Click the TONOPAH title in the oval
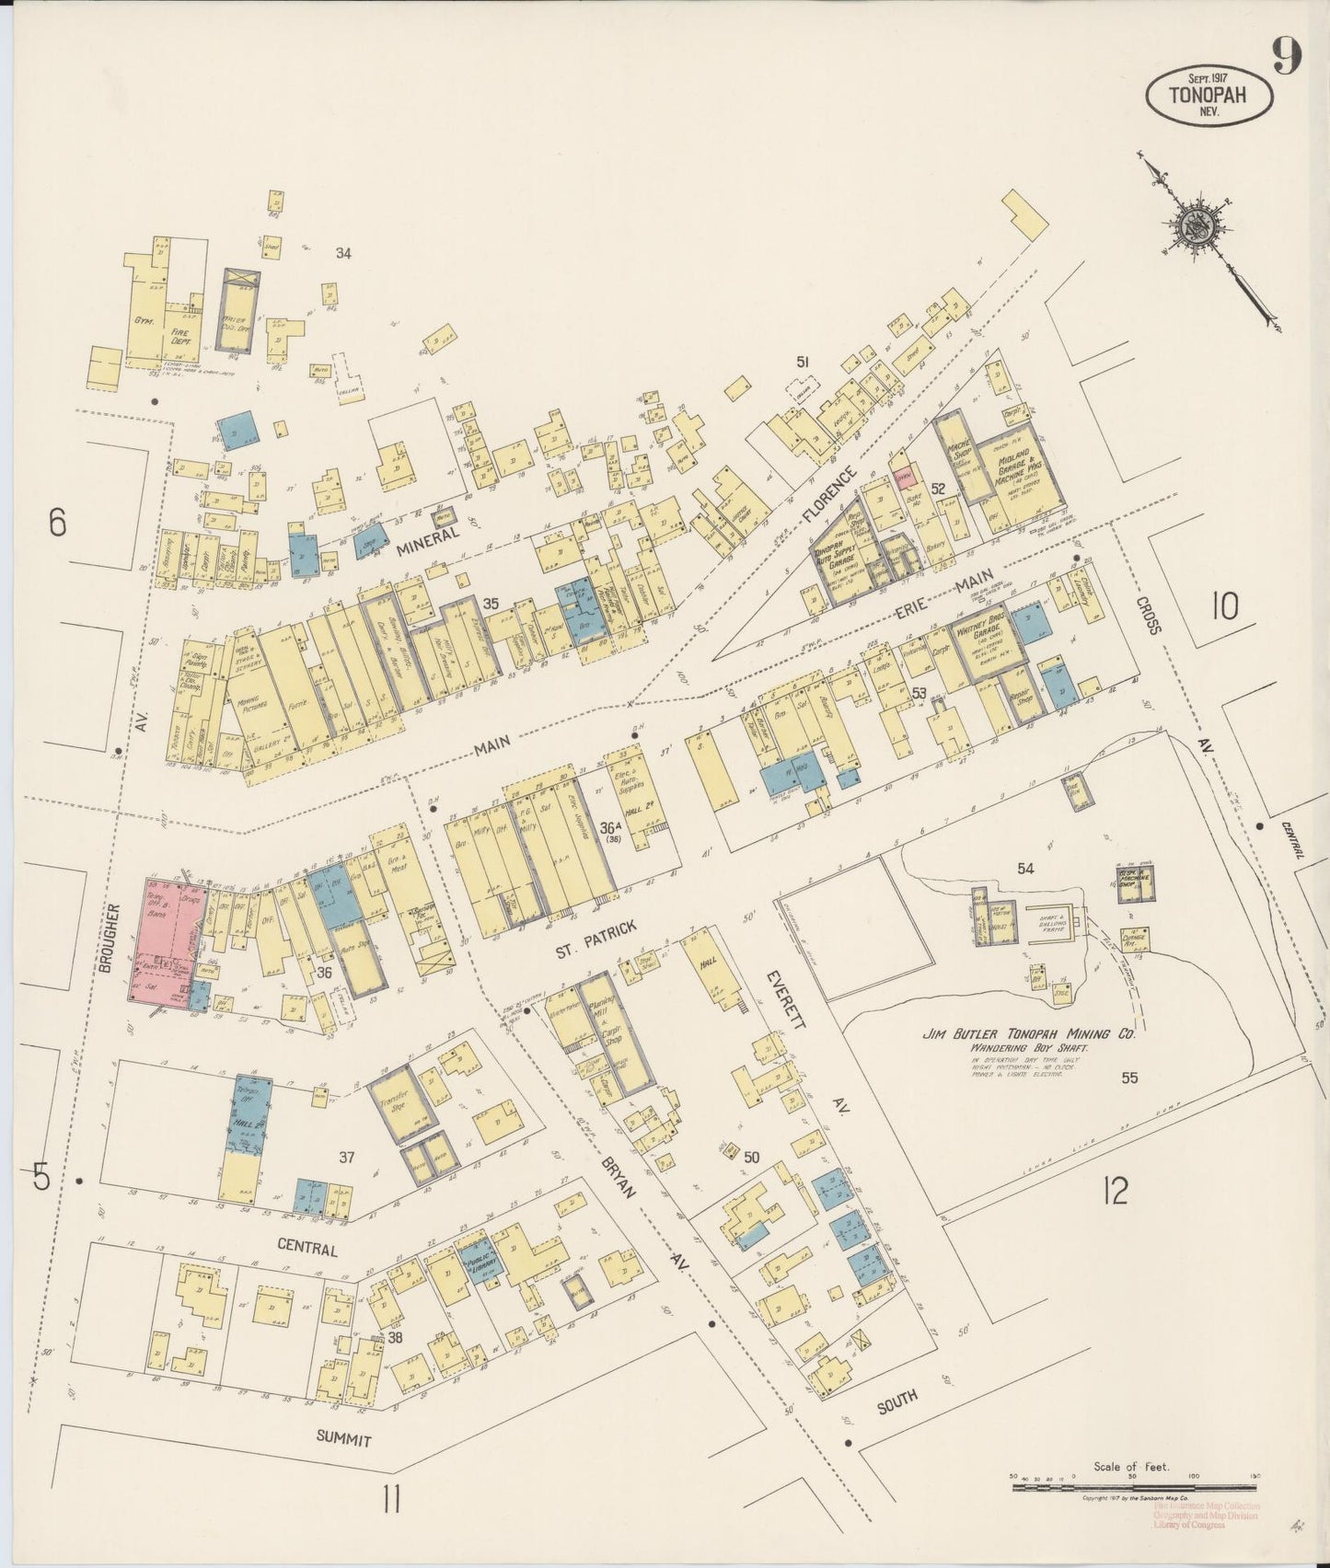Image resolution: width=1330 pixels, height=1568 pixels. click(x=1208, y=94)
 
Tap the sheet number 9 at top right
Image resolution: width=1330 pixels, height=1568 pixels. click(x=1288, y=57)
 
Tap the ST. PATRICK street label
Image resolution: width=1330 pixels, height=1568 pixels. click(x=596, y=930)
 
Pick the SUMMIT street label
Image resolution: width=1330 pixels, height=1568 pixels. click(x=344, y=1439)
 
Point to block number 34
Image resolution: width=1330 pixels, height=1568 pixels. click(x=343, y=253)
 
